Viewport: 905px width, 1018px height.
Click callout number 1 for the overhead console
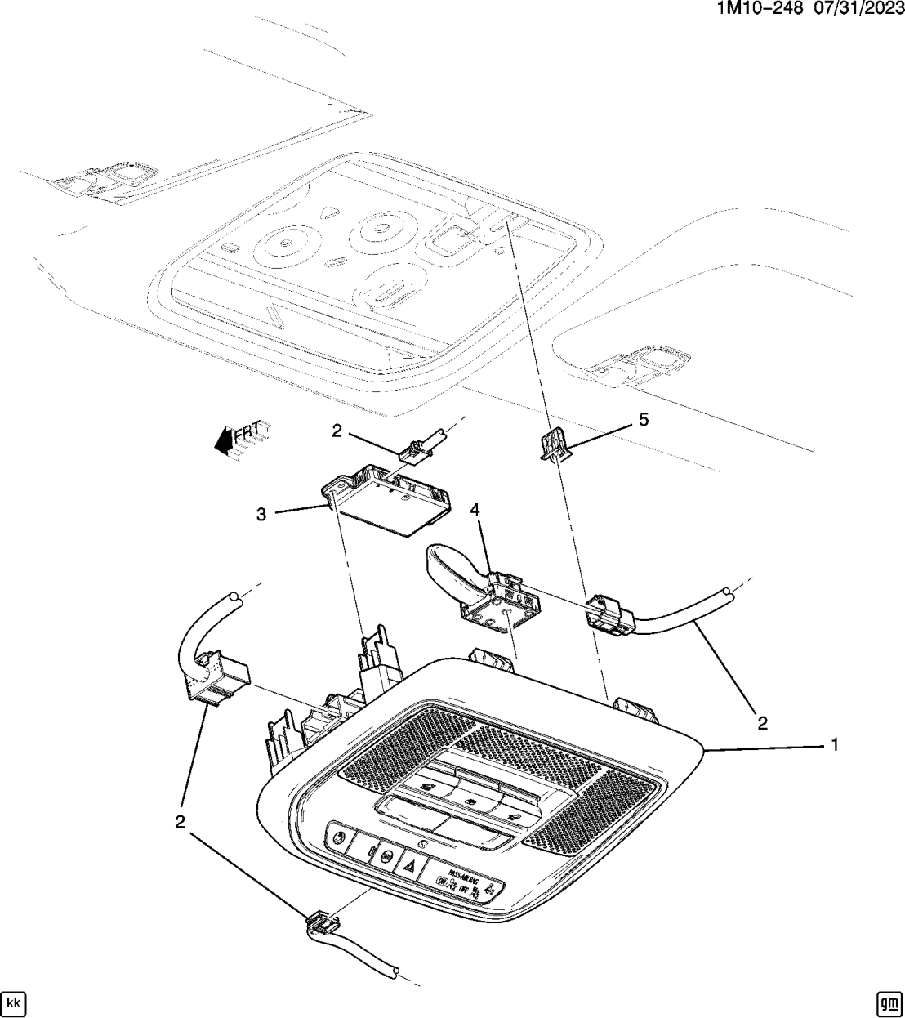(x=835, y=744)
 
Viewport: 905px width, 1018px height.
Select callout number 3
(x=261, y=514)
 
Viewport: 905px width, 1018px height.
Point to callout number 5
(x=644, y=419)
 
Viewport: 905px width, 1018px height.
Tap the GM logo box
(x=888, y=1001)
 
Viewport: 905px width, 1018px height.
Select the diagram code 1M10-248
(x=760, y=10)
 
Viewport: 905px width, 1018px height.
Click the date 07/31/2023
(x=857, y=10)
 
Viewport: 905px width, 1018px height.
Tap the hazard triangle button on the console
(x=412, y=864)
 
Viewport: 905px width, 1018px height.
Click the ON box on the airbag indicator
(x=442, y=882)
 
